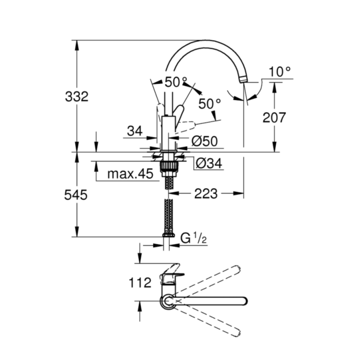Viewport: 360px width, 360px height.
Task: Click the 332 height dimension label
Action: point(77,96)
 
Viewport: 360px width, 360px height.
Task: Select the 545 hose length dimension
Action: point(77,195)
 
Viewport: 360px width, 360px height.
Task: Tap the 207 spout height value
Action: point(274,117)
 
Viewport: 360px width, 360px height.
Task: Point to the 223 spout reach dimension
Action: point(206,194)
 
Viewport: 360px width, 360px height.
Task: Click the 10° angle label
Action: point(279,71)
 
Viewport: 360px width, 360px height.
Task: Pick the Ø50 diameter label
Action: point(204,140)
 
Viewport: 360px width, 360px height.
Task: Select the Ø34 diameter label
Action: point(209,164)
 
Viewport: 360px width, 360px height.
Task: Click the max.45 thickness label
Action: point(130,174)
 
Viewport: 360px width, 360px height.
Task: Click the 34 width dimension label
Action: point(134,131)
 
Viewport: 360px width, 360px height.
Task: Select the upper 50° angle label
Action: point(176,82)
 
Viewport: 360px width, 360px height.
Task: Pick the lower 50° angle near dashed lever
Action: point(209,103)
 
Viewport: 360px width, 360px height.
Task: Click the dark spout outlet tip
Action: point(243,78)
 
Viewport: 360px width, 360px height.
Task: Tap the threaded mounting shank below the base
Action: point(168,167)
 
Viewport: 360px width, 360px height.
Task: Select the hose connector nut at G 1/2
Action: point(168,236)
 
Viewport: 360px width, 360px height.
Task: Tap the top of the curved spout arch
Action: point(206,43)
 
